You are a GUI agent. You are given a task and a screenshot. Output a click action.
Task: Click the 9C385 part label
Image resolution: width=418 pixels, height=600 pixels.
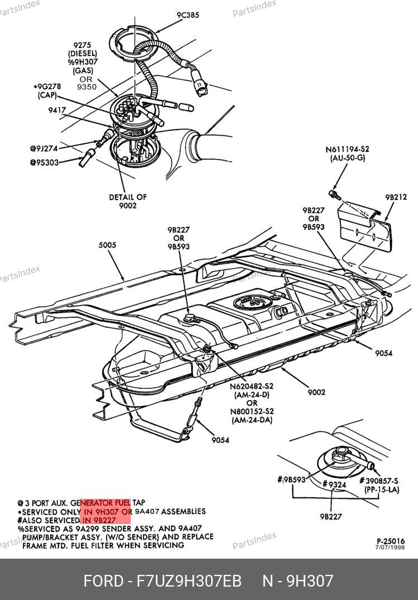coord(188,15)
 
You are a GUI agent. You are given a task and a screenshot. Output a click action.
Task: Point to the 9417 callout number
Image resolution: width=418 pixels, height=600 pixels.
coord(56,111)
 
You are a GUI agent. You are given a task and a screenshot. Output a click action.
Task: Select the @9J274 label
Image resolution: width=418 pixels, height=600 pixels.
coord(44,149)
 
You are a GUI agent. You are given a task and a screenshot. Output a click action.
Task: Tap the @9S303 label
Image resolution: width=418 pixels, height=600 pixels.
coord(44,163)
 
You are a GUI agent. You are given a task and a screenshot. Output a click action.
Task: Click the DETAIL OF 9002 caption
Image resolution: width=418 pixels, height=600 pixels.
coord(128,201)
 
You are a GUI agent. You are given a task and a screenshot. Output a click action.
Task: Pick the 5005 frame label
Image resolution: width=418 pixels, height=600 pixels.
coord(108,244)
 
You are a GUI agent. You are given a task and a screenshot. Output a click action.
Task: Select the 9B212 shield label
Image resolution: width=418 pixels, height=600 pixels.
coord(396,197)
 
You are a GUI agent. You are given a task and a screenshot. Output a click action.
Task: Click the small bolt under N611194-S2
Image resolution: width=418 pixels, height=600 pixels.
coord(334,194)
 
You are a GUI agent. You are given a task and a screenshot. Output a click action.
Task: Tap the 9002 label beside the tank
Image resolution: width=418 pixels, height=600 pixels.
coord(316,392)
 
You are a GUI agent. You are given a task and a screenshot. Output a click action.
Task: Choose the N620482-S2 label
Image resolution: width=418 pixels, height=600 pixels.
coord(251,386)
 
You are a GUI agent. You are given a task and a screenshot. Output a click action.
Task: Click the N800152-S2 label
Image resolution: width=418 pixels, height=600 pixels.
coord(251,412)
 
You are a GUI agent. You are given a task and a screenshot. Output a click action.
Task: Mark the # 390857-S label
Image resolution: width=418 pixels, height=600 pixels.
coord(379,480)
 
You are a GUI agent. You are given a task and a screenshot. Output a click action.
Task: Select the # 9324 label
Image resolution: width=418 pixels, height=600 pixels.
coord(335,484)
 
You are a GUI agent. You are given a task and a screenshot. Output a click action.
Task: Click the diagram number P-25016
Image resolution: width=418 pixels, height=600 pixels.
coord(390,541)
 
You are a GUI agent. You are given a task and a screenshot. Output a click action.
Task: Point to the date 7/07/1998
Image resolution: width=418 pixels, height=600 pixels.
coord(390,547)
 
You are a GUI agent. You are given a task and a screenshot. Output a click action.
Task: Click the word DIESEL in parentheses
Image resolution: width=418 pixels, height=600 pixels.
coord(83,54)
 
